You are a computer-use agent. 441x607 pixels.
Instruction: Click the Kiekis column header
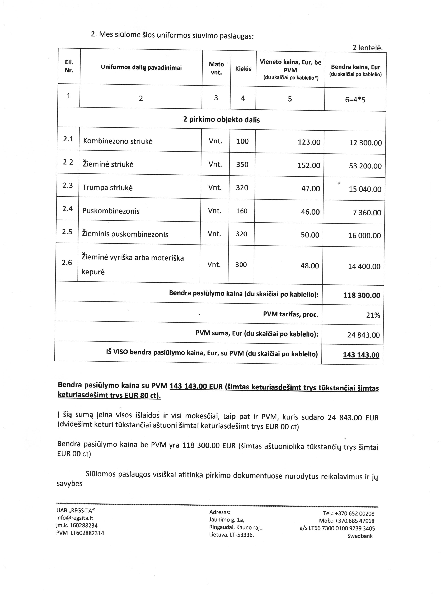[x=243, y=69]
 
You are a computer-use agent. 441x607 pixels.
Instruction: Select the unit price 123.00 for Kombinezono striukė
[x=309, y=142]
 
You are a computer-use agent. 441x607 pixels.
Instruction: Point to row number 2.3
[x=68, y=185]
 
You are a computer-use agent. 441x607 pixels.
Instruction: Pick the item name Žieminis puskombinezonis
[x=125, y=234]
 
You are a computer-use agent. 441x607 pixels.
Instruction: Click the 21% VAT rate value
[x=373, y=315]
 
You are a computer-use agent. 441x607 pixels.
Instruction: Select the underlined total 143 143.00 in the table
[x=361, y=355]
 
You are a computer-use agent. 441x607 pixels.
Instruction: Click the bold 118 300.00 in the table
[x=362, y=295]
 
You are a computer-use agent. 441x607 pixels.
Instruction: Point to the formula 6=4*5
[x=355, y=100]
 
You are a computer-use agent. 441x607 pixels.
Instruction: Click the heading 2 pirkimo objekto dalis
[x=221, y=119]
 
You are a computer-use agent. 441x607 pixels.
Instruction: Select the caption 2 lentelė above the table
[x=367, y=48]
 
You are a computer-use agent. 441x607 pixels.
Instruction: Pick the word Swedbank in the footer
[x=360, y=536]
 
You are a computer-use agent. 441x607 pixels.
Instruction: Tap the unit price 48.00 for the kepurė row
[x=310, y=266]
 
